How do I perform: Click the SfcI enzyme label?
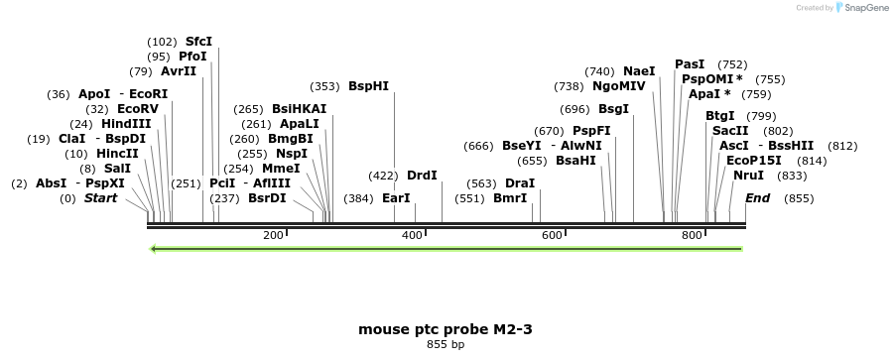click(x=198, y=42)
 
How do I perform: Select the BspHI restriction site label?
click(x=368, y=86)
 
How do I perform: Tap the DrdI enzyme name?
click(x=422, y=176)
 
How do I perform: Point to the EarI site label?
click(x=396, y=198)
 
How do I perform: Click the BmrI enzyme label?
click(x=510, y=198)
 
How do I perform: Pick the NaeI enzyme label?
click(x=639, y=71)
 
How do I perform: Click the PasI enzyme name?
click(x=690, y=64)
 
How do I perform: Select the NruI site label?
click(x=749, y=176)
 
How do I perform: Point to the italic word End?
click(x=757, y=198)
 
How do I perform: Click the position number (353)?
click(x=325, y=86)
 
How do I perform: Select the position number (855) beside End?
click(x=798, y=198)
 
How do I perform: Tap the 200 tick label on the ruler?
click(x=273, y=235)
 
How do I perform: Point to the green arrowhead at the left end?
click(x=152, y=248)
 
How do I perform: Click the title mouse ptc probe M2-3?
click(x=446, y=328)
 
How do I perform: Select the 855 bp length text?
click(x=446, y=345)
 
